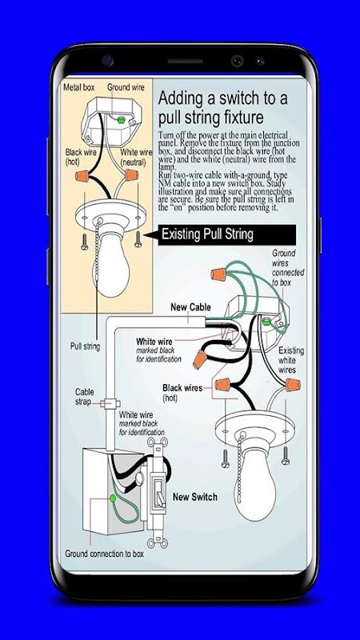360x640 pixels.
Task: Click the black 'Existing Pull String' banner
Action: pyautogui.click(x=226, y=234)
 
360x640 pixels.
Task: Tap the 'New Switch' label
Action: pyautogui.click(x=195, y=497)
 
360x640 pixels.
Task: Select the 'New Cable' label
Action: pyautogui.click(x=190, y=307)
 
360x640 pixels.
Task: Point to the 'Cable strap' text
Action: pyautogui.click(x=85, y=397)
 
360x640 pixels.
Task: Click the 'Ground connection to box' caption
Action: pyautogui.click(x=105, y=554)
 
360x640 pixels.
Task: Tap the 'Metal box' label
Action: pyautogui.click(x=78, y=87)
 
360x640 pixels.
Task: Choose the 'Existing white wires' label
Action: pyautogui.click(x=291, y=361)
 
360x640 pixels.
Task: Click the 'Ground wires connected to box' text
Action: pyautogui.click(x=288, y=267)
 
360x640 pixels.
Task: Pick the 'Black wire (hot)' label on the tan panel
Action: pyautogui.click(x=81, y=157)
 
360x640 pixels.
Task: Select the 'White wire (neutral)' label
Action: pyautogui.click(x=136, y=157)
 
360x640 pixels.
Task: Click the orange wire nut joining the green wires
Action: pyautogui.click(x=218, y=274)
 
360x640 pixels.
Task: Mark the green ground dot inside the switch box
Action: pyautogui.click(x=112, y=498)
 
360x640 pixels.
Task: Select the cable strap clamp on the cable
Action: pyautogui.click(x=110, y=404)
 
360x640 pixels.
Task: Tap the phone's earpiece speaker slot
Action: pyautogui.click(x=185, y=62)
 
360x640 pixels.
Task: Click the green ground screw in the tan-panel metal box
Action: pyautogui.click(x=121, y=120)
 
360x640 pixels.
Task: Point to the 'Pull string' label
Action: pyautogui.click(x=85, y=346)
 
